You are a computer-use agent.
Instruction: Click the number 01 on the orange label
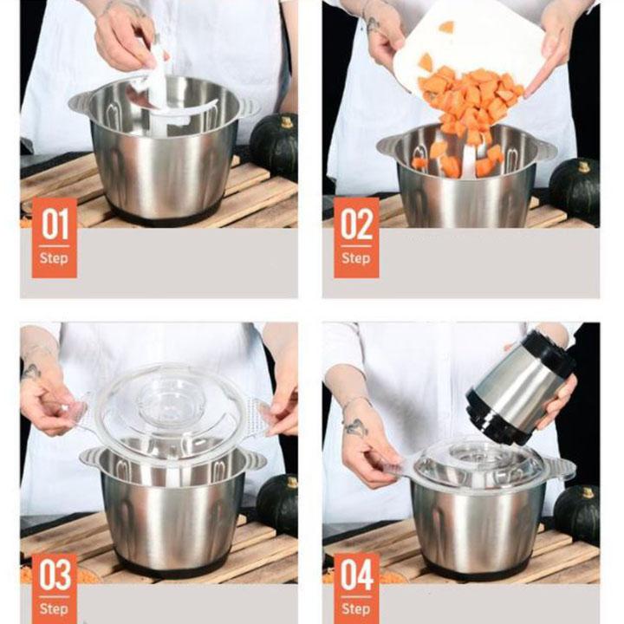tap(55, 224)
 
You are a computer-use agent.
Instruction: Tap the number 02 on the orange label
tap(356, 224)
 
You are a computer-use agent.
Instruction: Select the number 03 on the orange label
tap(55, 575)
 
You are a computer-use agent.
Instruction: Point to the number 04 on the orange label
tap(356, 575)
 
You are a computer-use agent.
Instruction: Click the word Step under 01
tap(54, 258)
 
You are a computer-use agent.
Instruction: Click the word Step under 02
tap(356, 258)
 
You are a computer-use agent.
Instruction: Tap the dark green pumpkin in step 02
tap(575, 191)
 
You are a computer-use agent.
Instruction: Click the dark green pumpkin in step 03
tap(278, 504)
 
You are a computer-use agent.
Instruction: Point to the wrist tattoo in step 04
tap(355, 427)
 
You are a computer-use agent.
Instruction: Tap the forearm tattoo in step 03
tap(30, 372)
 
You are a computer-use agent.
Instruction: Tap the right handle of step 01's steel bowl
tap(249, 107)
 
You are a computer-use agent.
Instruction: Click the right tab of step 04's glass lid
tap(561, 467)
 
